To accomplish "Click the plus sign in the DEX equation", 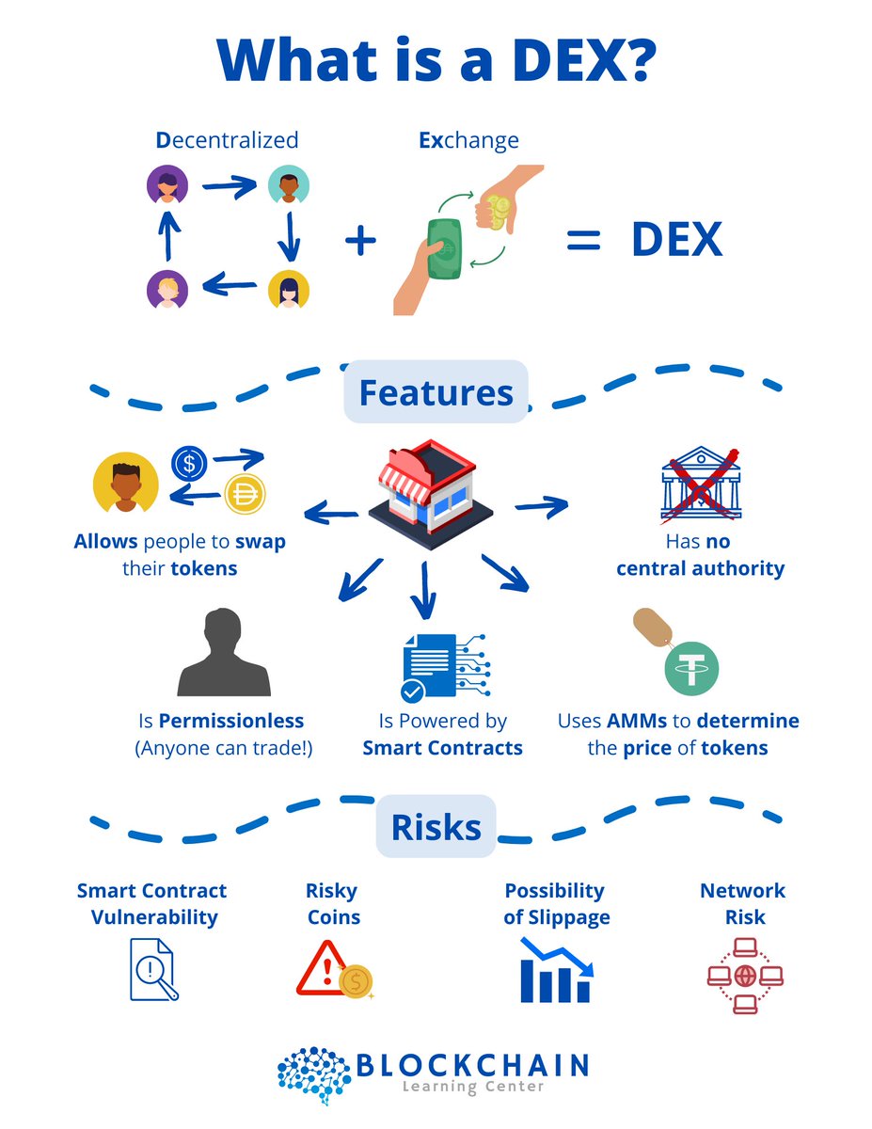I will coord(359,241).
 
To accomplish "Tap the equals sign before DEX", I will coord(582,241).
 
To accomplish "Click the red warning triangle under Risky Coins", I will coord(322,973).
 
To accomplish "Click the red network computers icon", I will coord(744,974).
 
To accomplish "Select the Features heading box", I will coord(436,391).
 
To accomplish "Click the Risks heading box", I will coord(436,827).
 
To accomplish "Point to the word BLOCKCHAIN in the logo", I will coord(472,1065).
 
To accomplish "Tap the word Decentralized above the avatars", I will coord(227,141).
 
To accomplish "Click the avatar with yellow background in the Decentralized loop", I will coord(288,290).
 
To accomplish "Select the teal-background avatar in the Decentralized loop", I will coord(288,185).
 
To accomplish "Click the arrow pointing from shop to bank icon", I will coord(542,507).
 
